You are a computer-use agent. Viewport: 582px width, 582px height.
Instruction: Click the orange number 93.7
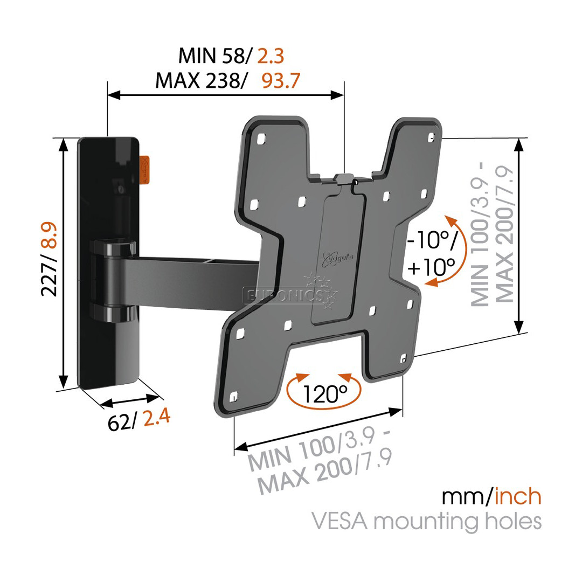[281, 81]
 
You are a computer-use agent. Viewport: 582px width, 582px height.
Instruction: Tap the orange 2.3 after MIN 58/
[270, 56]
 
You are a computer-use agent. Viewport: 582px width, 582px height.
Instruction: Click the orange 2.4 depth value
[157, 419]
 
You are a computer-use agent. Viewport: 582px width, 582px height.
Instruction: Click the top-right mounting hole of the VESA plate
[431, 138]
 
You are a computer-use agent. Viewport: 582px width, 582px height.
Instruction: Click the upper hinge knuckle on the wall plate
[113, 248]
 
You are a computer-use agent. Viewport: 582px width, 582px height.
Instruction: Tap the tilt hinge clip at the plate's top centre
[345, 180]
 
